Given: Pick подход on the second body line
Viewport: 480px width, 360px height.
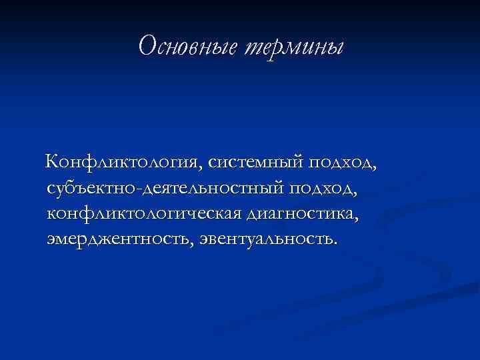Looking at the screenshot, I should pyautogui.click(x=322, y=189).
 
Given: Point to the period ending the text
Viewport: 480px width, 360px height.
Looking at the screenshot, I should pyautogui.click(x=336, y=243).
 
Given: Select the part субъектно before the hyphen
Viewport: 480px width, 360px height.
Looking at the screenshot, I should pyautogui.click(x=92, y=189).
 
